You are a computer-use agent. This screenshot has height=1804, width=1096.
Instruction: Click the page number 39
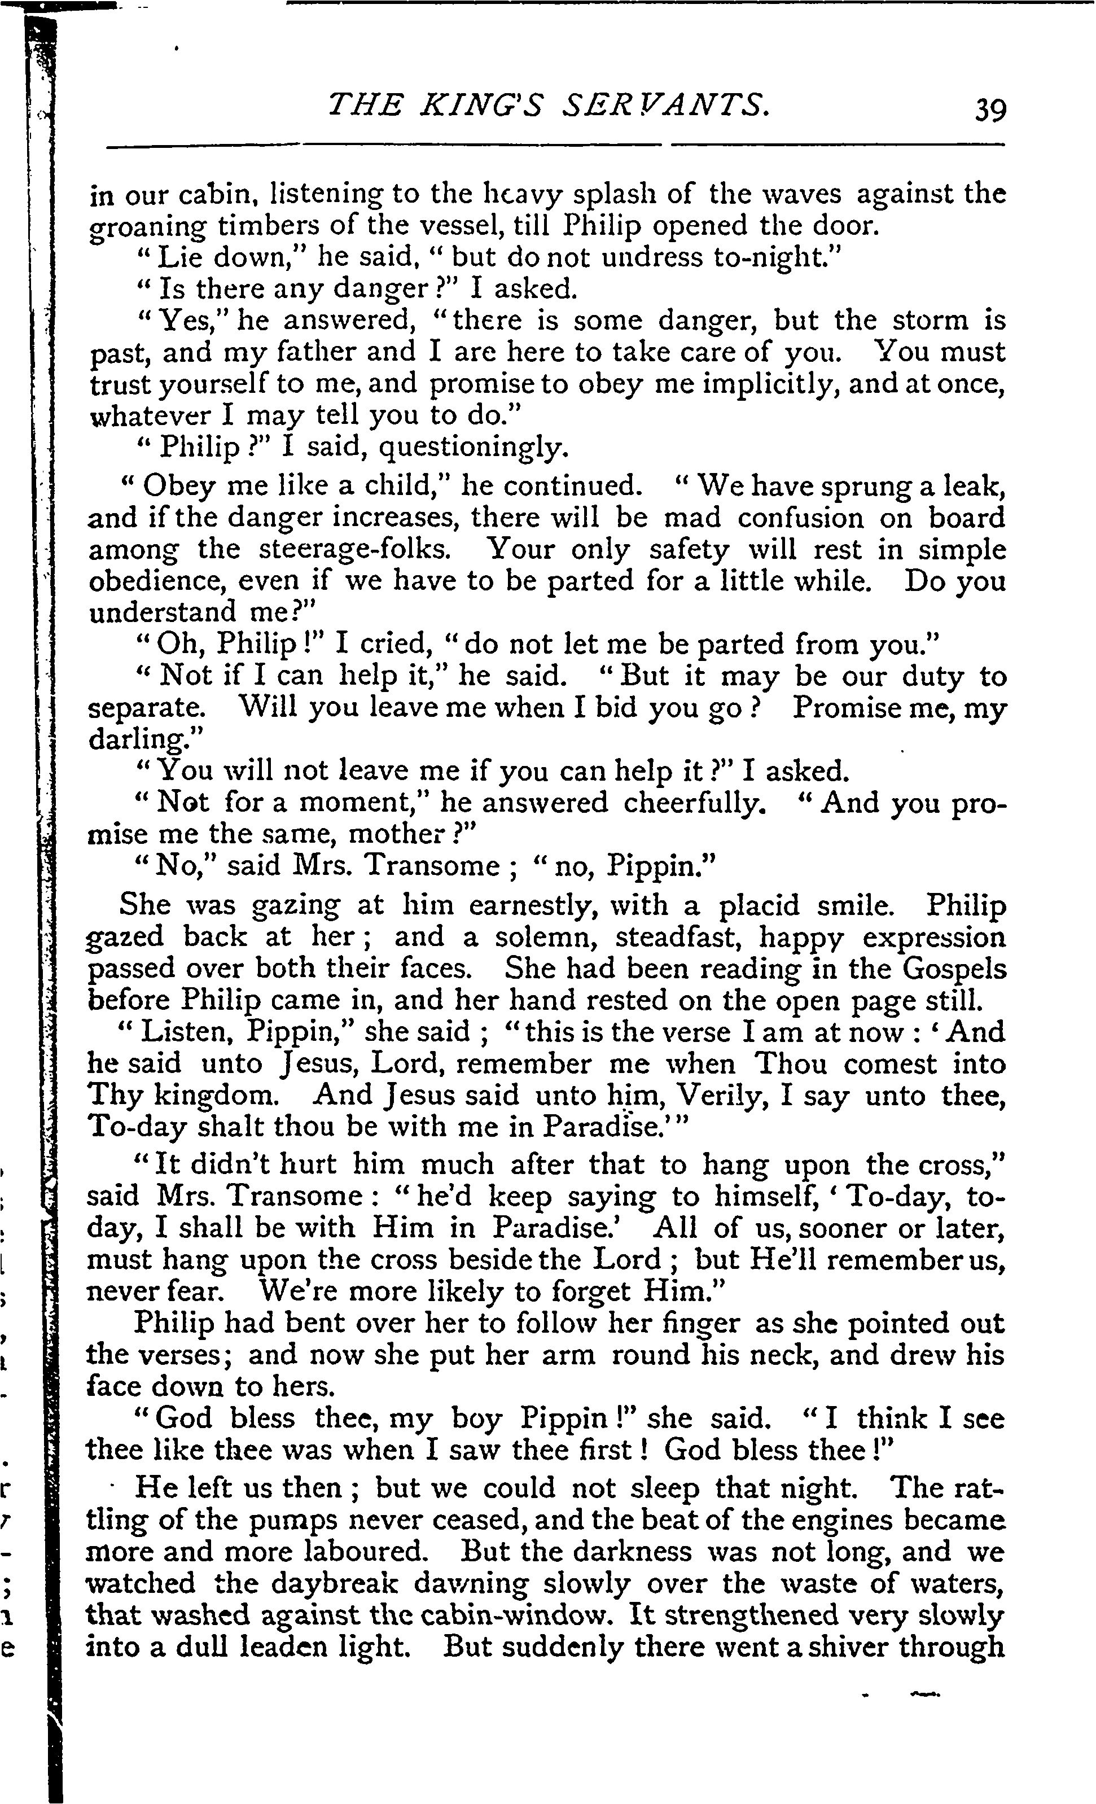(990, 110)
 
